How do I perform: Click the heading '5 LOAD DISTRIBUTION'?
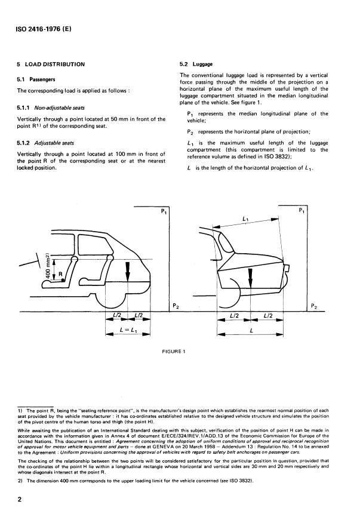coord(51,64)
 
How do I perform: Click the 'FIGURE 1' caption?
coord(174,351)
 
